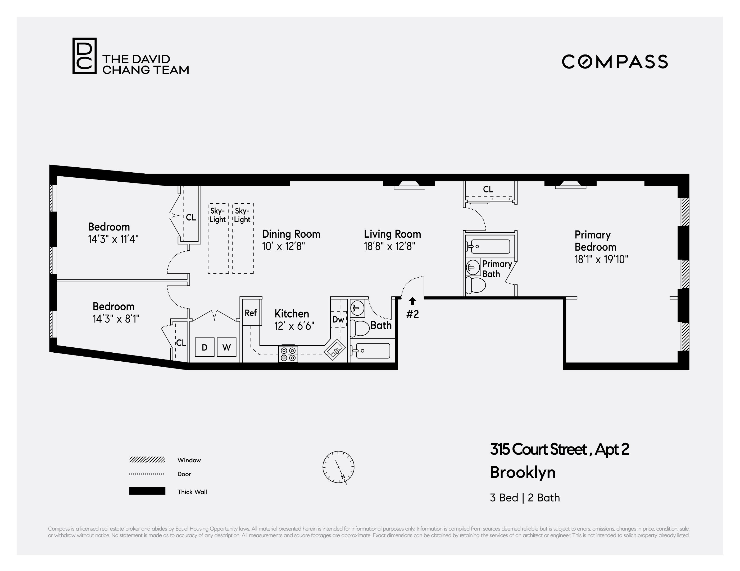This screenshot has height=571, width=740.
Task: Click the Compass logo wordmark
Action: point(615,62)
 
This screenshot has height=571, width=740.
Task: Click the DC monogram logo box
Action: point(84,56)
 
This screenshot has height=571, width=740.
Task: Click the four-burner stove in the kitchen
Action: point(288,354)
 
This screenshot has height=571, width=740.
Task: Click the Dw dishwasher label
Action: point(338,319)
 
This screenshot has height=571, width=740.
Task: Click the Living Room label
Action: point(392,234)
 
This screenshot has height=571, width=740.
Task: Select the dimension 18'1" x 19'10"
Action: point(601,259)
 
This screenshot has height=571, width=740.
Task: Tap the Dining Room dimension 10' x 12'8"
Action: point(284,246)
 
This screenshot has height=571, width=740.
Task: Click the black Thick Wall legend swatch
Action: point(147,491)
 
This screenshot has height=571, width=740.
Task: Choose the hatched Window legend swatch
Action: point(147,460)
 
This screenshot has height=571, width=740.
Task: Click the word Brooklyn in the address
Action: point(523,472)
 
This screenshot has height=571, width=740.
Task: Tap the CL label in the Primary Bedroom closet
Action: point(488,189)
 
